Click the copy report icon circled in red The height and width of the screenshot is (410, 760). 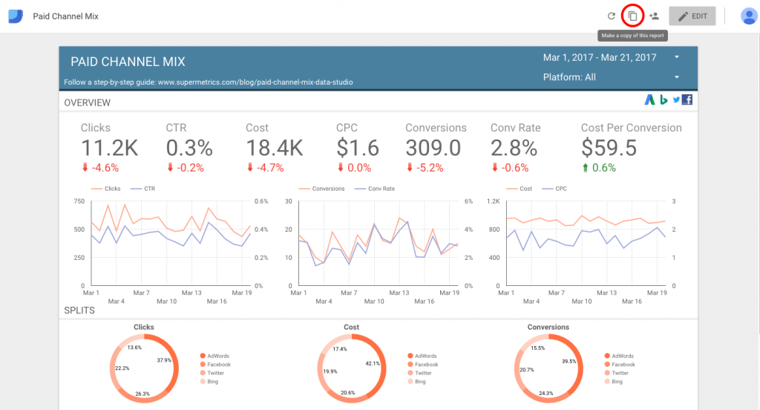(x=632, y=16)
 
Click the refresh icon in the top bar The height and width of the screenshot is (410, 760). (x=612, y=16)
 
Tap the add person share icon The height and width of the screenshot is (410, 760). (x=654, y=16)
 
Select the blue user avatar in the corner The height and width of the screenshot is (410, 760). (x=748, y=16)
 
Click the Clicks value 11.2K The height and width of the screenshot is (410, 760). (x=109, y=148)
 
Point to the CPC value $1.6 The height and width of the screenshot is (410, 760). (x=357, y=148)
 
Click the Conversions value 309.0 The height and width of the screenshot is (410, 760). (x=433, y=148)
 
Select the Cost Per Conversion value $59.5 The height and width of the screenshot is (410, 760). (x=609, y=148)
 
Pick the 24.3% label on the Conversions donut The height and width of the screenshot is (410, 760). (x=546, y=393)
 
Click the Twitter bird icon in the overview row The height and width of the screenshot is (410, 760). (x=676, y=100)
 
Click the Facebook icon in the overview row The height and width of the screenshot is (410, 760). (x=687, y=100)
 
